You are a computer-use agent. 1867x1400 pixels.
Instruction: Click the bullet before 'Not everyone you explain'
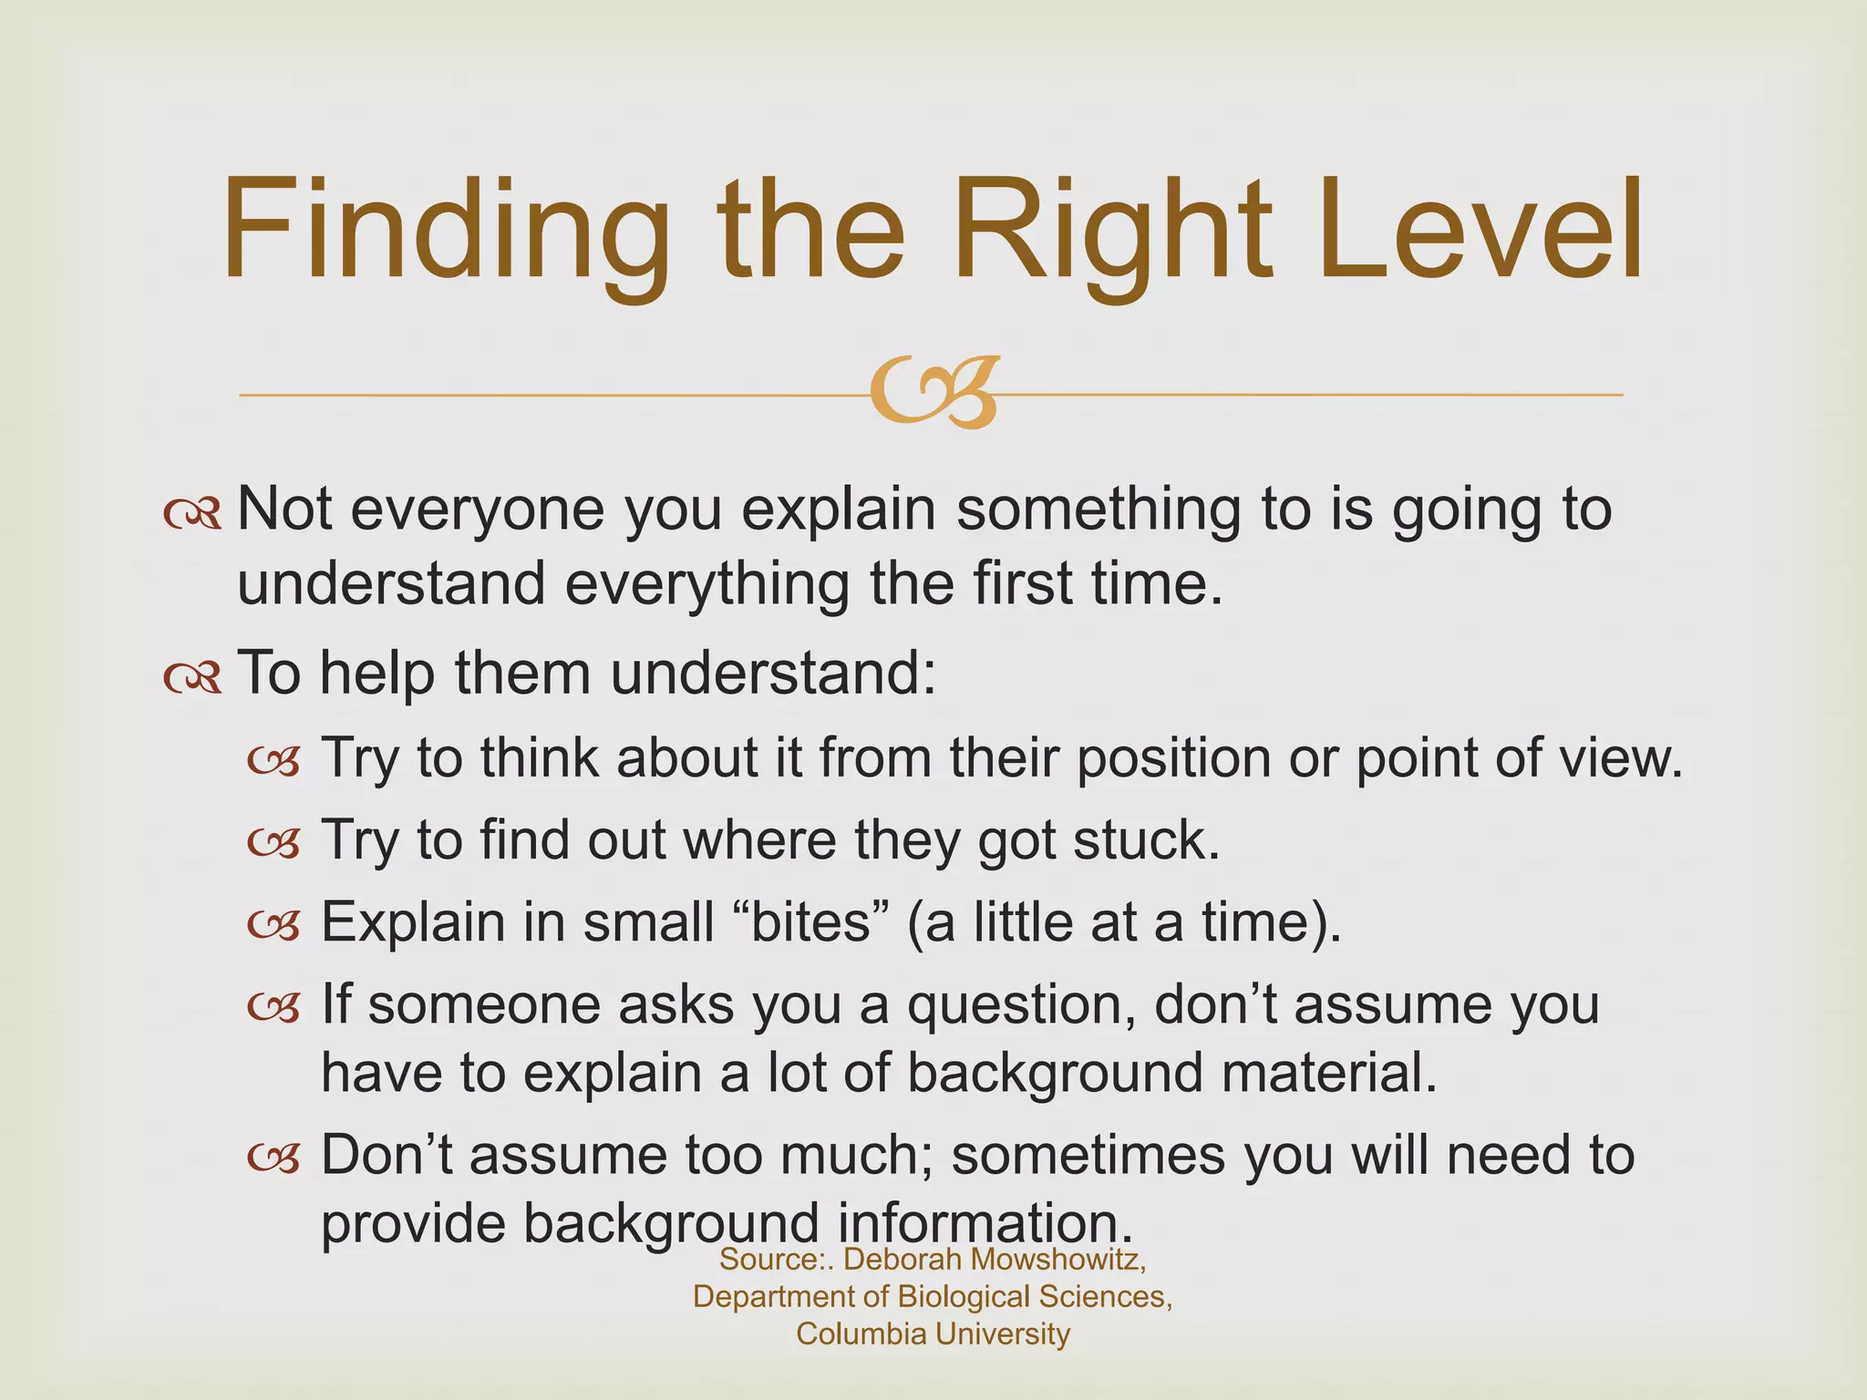click(x=192, y=513)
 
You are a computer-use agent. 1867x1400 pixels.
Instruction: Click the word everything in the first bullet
click(x=707, y=583)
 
